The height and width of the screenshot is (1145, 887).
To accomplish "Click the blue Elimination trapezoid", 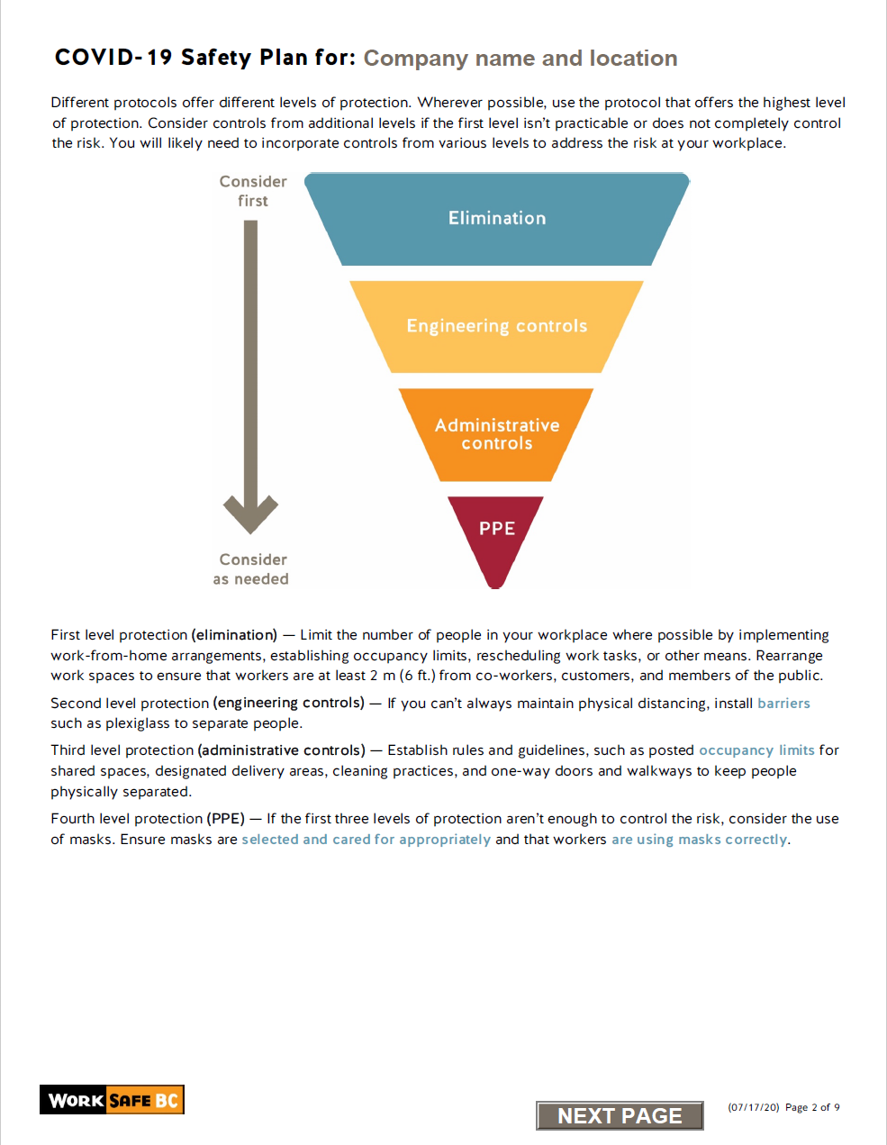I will click(497, 219).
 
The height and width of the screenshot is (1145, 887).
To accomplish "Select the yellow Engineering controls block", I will click(496, 326).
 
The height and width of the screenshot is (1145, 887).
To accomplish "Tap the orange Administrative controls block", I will click(496, 434).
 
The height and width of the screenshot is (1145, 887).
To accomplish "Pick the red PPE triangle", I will click(496, 532).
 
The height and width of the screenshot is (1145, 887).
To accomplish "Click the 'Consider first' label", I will click(253, 191).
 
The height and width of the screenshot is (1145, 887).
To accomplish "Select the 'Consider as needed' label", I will click(251, 569).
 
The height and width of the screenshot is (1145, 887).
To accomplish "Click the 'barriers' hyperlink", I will click(783, 704).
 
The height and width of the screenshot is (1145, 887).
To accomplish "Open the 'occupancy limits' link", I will click(756, 750).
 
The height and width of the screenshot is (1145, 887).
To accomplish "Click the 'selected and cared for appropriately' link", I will click(366, 840).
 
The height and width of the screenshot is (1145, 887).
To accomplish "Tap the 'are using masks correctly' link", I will click(699, 840).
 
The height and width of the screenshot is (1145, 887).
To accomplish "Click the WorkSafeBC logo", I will click(112, 1100).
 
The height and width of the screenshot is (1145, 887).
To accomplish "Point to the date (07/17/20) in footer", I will click(753, 1107).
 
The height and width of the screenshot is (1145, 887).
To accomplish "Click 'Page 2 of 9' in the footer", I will click(812, 1107).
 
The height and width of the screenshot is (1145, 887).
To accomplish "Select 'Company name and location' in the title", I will click(520, 59).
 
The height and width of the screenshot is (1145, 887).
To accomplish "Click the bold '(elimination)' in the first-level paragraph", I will click(234, 635).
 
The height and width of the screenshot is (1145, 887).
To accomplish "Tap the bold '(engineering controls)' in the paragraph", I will click(289, 704).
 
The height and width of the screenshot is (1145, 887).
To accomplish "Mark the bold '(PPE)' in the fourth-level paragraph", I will click(225, 819).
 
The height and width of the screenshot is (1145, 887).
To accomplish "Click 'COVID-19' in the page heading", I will click(113, 58).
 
